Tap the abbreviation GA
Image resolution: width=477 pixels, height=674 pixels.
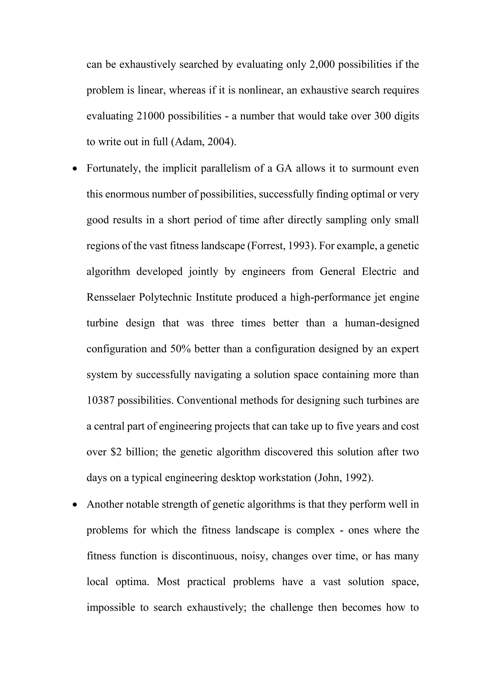click(x=284, y=168)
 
